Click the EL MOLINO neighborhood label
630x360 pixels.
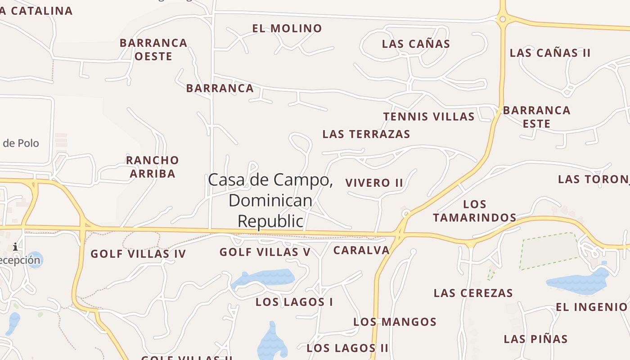click(x=287, y=28)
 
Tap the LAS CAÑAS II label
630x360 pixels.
click(x=550, y=53)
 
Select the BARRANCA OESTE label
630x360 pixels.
click(x=153, y=49)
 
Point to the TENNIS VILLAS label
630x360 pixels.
click(x=429, y=117)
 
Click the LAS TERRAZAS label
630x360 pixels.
click(x=366, y=134)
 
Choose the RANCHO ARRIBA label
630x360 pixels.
click(x=153, y=166)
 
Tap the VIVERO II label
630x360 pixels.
click(x=374, y=183)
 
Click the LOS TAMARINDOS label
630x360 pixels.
click(x=474, y=211)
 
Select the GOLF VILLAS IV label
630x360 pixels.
click(x=139, y=254)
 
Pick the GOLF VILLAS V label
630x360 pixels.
click(x=265, y=252)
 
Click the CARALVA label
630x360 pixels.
click(x=361, y=250)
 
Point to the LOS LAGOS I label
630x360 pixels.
click(x=294, y=302)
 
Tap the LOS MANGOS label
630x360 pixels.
click(x=395, y=322)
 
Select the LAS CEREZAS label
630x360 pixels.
click(x=473, y=293)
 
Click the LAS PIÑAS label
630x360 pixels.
click(x=535, y=339)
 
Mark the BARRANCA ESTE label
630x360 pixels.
click(x=536, y=117)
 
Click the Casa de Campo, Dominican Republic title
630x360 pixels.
click(x=270, y=200)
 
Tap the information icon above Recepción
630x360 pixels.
click(x=16, y=247)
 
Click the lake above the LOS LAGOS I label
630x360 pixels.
click(x=265, y=277)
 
